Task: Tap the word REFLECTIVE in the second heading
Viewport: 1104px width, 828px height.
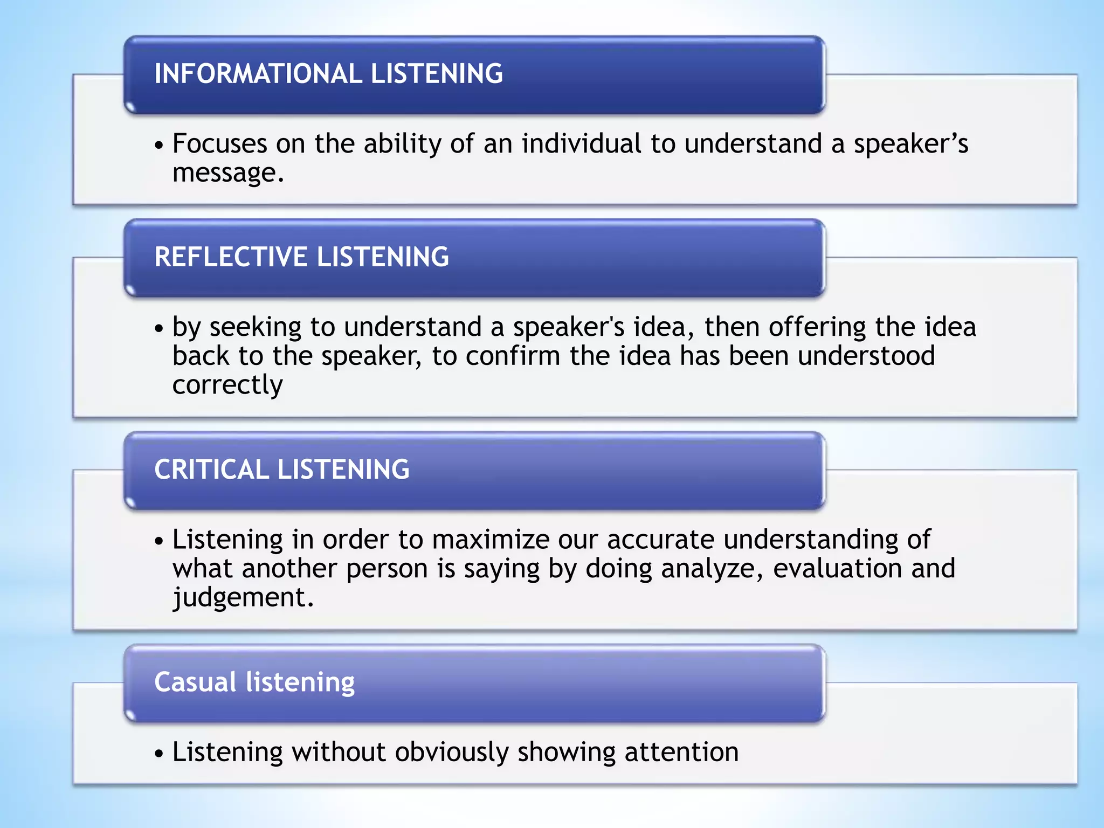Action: click(x=230, y=257)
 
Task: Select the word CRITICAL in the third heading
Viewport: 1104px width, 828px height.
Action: click(x=211, y=470)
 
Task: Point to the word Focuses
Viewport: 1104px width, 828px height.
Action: click(x=219, y=144)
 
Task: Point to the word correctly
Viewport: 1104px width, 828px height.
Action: click(x=227, y=385)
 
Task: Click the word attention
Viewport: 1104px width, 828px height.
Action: click(x=681, y=753)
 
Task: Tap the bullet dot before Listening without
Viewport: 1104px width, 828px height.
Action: click(x=158, y=754)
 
